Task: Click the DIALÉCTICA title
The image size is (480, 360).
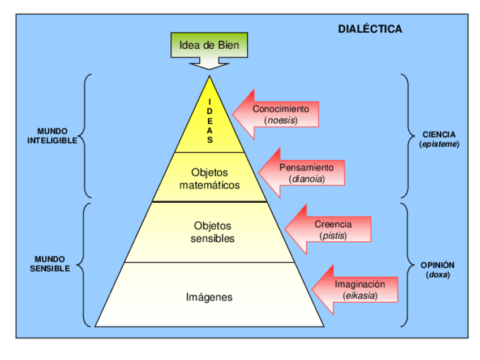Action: (370, 29)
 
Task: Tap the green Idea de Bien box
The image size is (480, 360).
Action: (209, 45)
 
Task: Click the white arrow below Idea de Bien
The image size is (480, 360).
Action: (209, 63)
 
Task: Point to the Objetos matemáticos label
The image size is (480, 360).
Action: (209, 178)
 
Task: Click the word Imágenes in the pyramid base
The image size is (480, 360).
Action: (209, 297)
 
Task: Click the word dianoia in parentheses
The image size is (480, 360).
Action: (306, 179)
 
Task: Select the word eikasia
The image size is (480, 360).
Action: (359, 295)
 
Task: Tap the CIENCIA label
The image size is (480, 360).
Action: (439, 135)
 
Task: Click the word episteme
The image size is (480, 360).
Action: (439, 144)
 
